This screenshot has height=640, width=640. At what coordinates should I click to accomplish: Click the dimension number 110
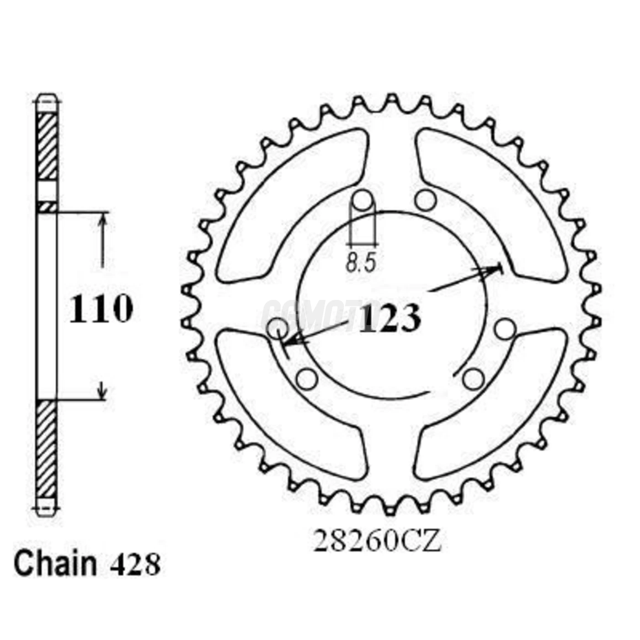[101, 309]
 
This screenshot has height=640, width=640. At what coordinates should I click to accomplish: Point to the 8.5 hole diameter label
[361, 263]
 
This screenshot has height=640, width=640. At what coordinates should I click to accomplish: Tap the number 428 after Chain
[135, 565]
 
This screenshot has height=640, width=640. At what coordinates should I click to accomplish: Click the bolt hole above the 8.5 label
[362, 200]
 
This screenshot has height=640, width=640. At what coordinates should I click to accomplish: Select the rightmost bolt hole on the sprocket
[505, 329]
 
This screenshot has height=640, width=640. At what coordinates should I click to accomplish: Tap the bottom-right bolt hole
[473, 379]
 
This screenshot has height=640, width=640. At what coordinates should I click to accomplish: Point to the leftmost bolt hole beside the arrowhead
[277, 329]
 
